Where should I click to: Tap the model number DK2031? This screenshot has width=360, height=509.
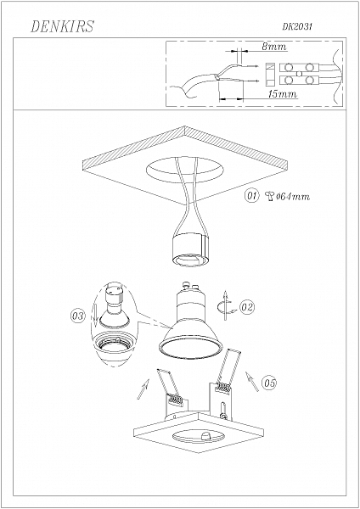[x=298, y=29]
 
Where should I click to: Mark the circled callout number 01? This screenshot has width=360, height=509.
[x=251, y=197]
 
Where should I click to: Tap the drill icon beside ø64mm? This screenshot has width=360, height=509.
[x=269, y=197]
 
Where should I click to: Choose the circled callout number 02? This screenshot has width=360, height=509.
[x=247, y=305]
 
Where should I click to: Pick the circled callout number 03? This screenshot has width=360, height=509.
[x=76, y=316]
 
